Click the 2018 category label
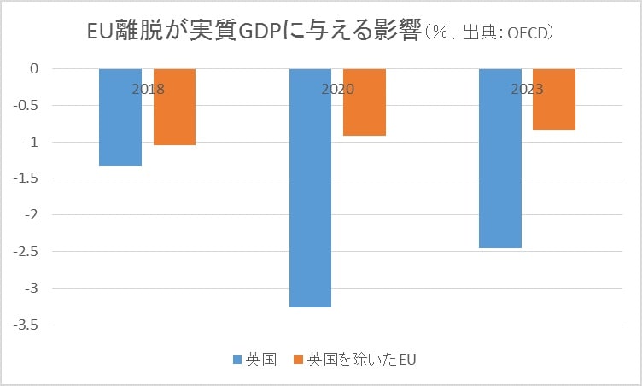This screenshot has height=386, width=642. click(148, 89)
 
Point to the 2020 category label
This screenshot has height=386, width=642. click(337, 89)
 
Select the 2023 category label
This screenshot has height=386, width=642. click(528, 89)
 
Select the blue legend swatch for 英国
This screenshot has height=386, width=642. click(236, 360)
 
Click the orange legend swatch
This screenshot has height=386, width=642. click(298, 360)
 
